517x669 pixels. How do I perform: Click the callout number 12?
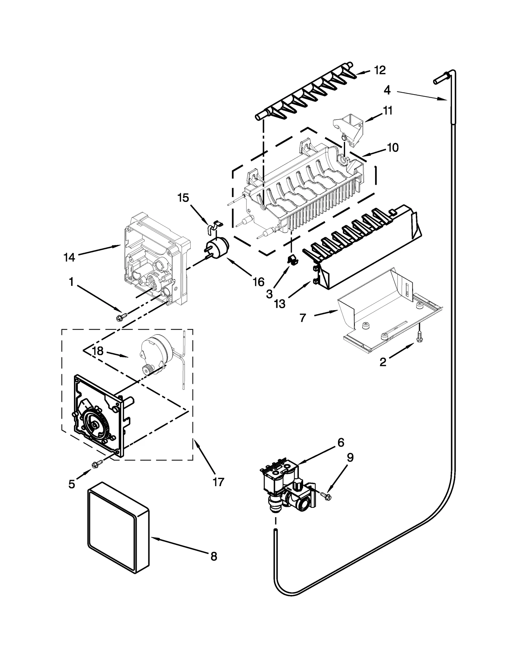click(x=380, y=70)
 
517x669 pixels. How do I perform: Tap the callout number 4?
click(x=387, y=90)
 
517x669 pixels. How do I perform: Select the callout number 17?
click(x=218, y=482)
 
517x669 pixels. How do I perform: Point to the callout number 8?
click(x=214, y=557)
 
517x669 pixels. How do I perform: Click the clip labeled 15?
click(x=213, y=225)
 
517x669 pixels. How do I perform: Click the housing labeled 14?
click(x=152, y=258)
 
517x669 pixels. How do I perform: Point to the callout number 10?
click(x=393, y=148)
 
